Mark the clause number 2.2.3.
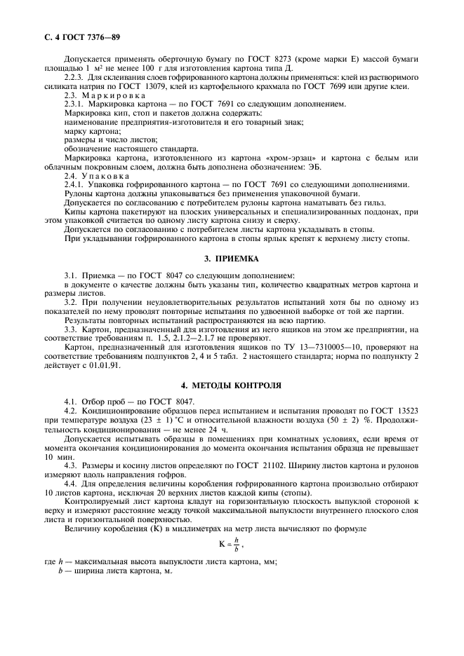pyautogui.click(x=75, y=77)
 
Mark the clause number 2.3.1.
pyautogui.click(x=75, y=102)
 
